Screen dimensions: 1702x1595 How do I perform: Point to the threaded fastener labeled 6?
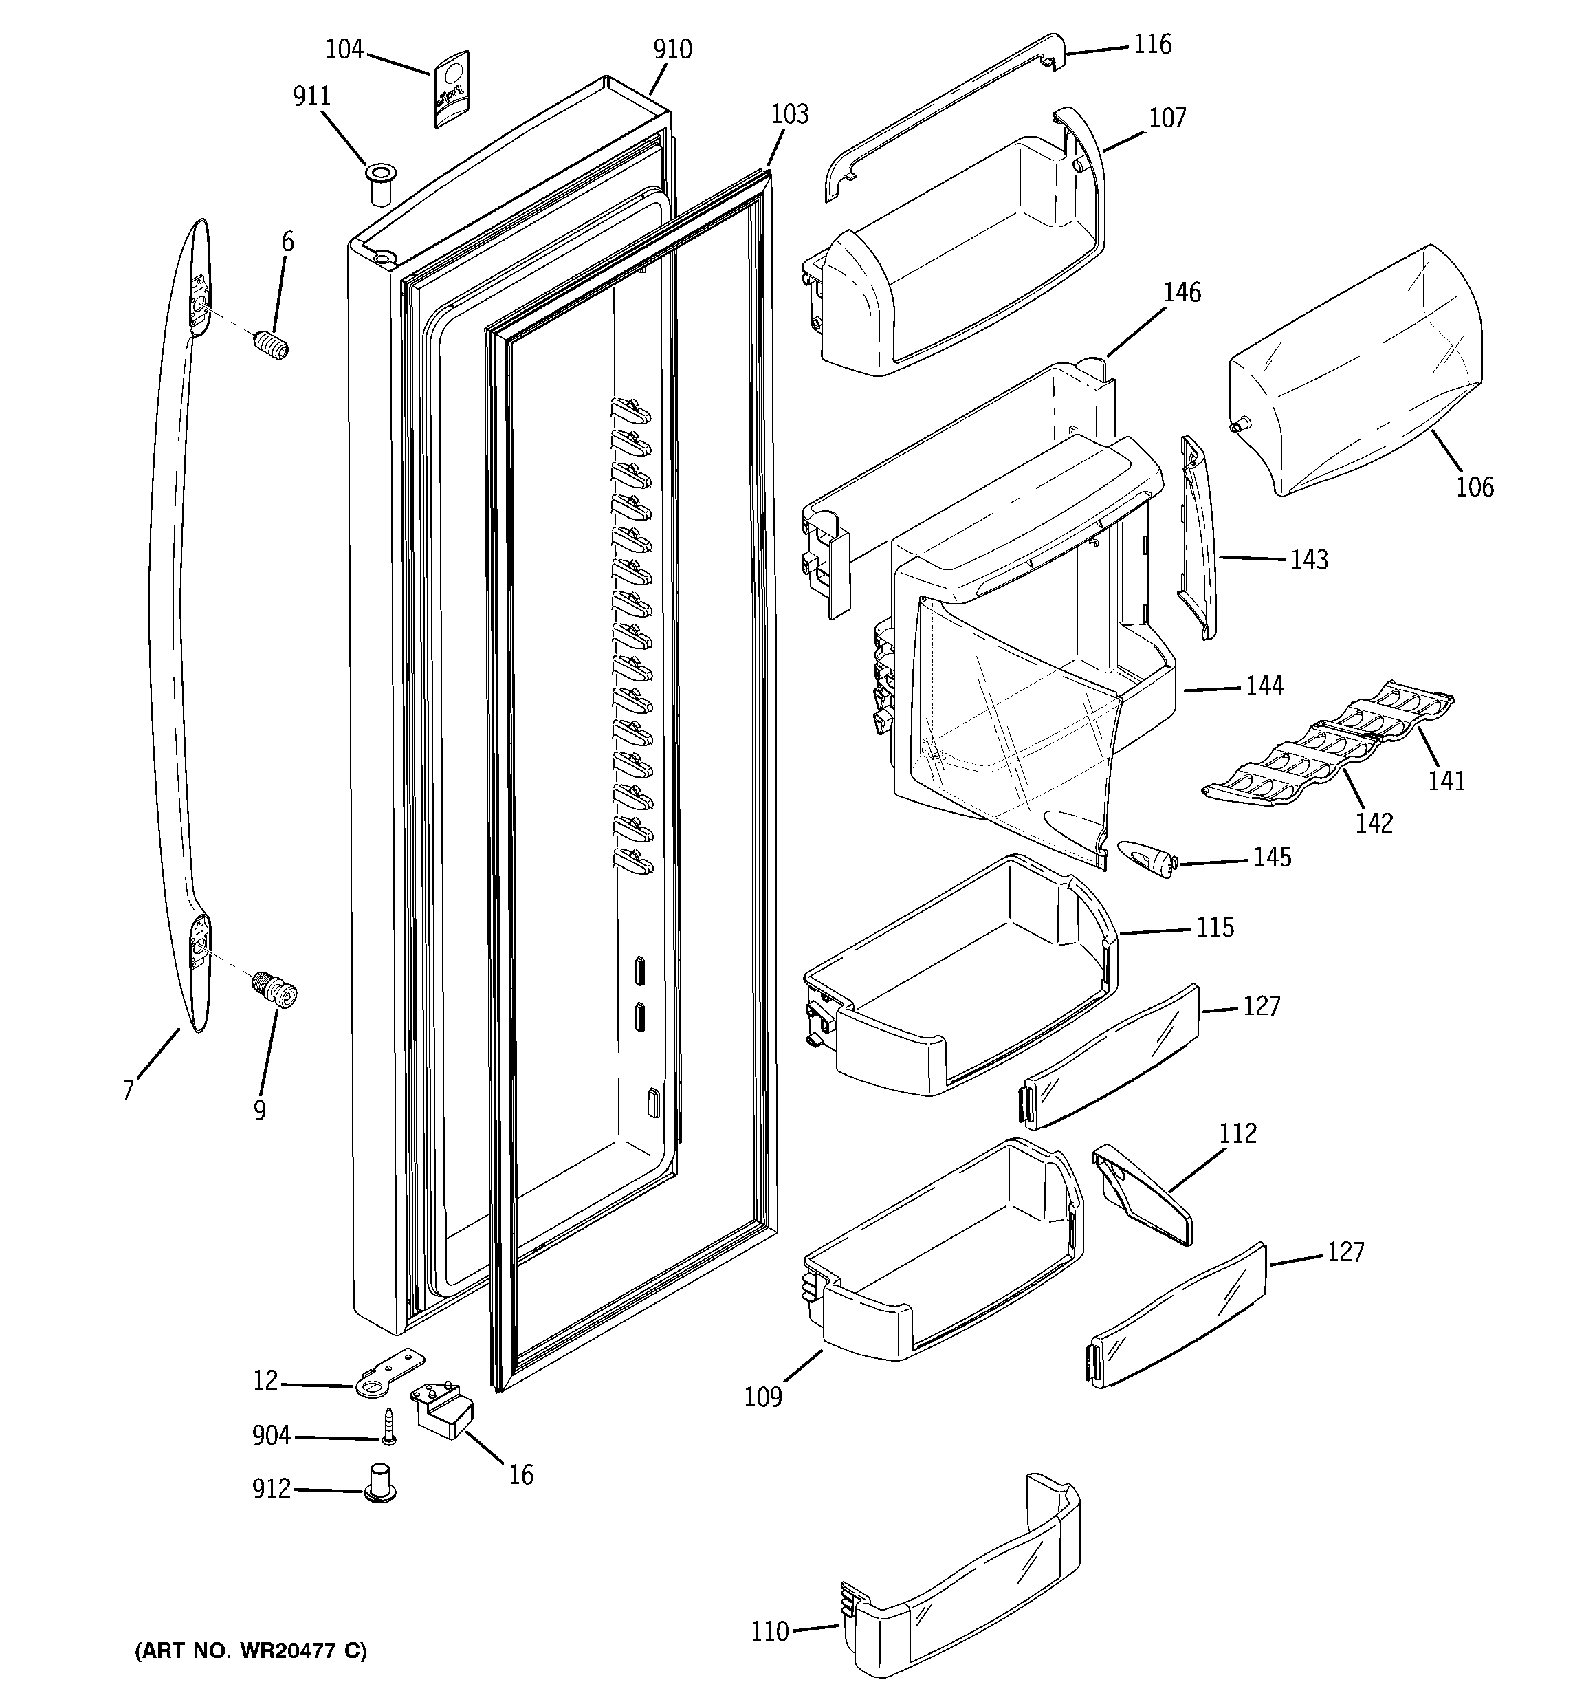coord(272,345)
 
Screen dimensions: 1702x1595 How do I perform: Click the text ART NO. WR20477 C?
coord(251,1650)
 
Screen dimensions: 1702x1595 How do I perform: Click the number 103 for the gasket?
coord(789,114)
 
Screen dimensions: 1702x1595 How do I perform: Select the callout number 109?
coord(763,1397)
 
